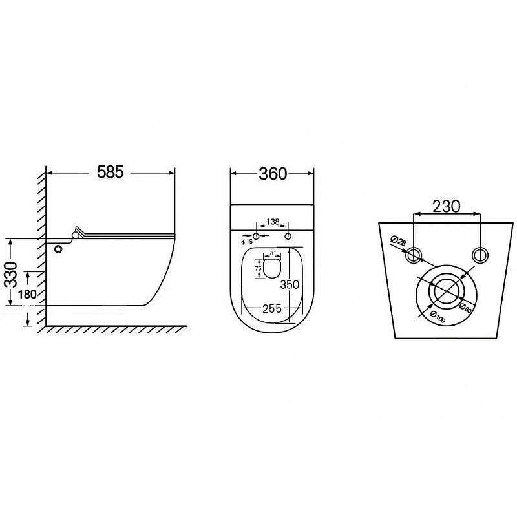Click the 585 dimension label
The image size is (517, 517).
click(x=110, y=172)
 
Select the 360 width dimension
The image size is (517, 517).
click(x=273, y=174)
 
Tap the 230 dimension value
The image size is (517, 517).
click(x=446, y=206)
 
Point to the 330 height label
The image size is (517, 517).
click(x=12, y=274)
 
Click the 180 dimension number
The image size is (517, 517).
click(x=27, y=294)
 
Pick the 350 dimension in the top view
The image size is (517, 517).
click(x=289, y=284)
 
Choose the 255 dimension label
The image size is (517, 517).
click(x=272, y=309)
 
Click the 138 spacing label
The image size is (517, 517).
click(x=273, y=222)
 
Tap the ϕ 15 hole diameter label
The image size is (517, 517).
click(x=247, y=242)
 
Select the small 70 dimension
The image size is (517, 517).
click(x=272, y=253)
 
